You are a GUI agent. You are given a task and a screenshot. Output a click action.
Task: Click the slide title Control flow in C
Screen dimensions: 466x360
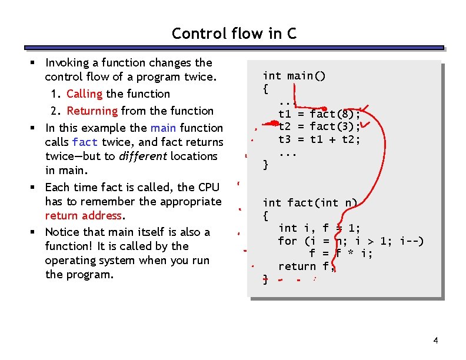tap(234, 34)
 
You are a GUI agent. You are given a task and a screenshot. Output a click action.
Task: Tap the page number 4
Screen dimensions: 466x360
tap(435, 341)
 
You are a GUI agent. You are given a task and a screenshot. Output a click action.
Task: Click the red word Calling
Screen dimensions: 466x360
tap(84, 94)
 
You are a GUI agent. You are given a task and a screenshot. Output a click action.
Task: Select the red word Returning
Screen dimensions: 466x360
tap(92, 111)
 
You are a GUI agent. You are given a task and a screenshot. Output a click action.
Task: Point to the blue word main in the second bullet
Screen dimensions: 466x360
tap(164, 128)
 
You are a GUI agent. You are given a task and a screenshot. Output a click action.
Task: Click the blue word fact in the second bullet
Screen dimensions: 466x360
tap(85, 142)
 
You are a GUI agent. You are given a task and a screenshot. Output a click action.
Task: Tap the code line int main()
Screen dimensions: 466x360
tap(294, 76)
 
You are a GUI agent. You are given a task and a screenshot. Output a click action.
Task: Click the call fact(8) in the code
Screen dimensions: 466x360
tap(334, 114)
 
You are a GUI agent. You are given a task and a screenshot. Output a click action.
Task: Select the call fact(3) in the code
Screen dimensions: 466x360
tap(334, 126)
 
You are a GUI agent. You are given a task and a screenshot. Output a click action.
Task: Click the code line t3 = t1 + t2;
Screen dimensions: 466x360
tap(319, 139)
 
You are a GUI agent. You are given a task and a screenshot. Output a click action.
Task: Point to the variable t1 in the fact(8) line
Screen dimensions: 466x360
tap(285, 114)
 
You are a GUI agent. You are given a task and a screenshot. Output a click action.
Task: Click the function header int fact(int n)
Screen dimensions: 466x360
tap(310, 203)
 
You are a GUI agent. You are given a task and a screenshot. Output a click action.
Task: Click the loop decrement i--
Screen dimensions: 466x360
tap(410, 241)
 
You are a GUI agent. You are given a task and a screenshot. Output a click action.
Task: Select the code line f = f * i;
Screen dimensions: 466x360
tap(341, 254)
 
